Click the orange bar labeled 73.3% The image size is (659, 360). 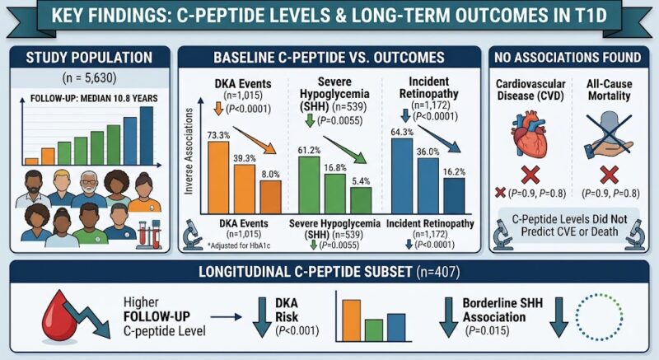pyautogui.click(x=218, y=178)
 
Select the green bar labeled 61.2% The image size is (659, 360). pyautogui.click(x=309, y=185)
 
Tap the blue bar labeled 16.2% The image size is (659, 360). pyautogui.click(x=455, y=196)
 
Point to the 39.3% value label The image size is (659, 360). pyautogui.click(x=245, y=158)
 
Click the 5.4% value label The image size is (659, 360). pyautogui.click(x=361, y=181)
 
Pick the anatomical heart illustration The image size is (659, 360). pyautogui.click(x=530, y=137)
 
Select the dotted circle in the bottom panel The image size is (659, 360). pyautogui.click(x=599, y=317)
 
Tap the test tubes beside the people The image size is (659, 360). pyautogui.click(x=149, y=235)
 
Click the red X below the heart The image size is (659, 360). pyautogui.click(x=530, y=175)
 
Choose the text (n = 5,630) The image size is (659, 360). pyautogui.click(x=90, y=77)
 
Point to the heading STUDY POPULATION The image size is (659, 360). pyautogui.click(x=89, y=58)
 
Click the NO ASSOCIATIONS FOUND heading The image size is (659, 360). pyautogui.click(x=568, y=58)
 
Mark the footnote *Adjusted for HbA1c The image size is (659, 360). pyautogui.click(x=239, y=245)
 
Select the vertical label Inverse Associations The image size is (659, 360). pyautogui.click(x=189, y=152)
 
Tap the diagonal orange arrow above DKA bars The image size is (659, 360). pyautogui.click(x=255, y=140)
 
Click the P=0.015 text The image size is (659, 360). pyautogui.click(x=487, y=330)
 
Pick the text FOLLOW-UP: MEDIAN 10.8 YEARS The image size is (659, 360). pyautogui.click(x=94, y=99)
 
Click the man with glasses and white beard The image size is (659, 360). pyautogui.click(x=89, y=189)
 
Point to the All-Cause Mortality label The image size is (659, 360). pyautogui.click(x=609, y=90)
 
